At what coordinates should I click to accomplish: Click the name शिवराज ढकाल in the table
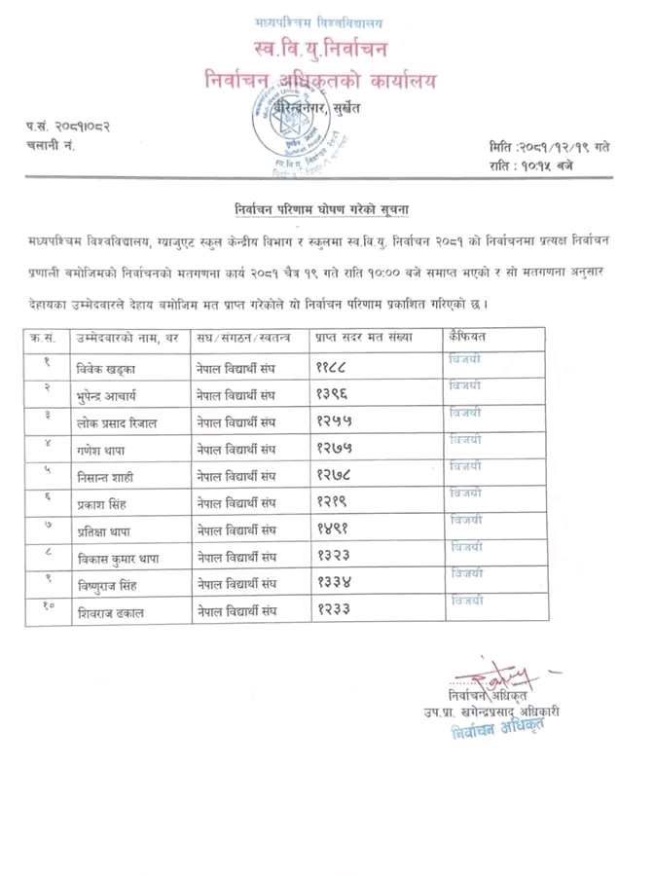click(x=111, y=611)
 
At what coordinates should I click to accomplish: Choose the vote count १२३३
click(x=333, y=610)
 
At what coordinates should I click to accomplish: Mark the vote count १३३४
click(x=333, y=583)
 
